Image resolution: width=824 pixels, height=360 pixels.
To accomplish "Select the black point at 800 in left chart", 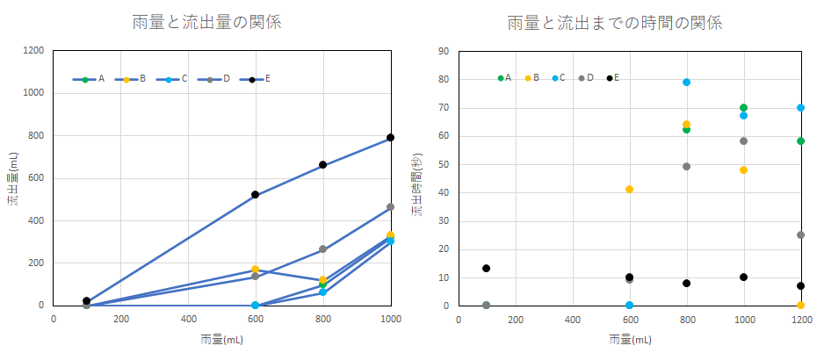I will click(323, 165).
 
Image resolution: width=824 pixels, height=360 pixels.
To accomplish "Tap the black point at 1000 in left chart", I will click(390, 138).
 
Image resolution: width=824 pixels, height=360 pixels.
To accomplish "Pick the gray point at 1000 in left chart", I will click(390, 207).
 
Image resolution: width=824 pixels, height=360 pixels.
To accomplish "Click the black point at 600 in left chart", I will click(256, 195).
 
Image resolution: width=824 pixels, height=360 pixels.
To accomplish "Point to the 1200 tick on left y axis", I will click(35, 51).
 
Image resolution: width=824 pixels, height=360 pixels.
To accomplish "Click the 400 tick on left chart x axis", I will click(188, 319).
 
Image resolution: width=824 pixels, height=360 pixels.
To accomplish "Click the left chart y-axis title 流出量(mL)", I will click(12, 178).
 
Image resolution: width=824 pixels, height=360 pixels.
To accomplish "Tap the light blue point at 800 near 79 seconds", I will click(686, 83).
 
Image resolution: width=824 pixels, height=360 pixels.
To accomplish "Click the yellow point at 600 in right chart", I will click(629, 190).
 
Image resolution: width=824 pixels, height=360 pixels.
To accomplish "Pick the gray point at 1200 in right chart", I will click(800, 234).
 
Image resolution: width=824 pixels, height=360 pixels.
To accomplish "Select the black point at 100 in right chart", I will click(486, 269).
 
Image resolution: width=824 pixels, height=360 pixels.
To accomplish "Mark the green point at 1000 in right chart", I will click(743, 108).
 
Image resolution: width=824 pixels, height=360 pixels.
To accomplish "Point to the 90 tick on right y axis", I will click(445, 51).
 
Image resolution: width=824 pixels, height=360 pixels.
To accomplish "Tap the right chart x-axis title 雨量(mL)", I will click(629, 339).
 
